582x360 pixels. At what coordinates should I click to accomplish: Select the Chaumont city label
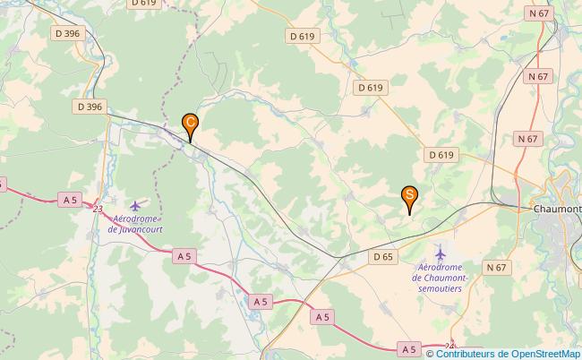(x=557, y=209)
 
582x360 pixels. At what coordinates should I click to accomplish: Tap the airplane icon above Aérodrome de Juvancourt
(x=135, y=207)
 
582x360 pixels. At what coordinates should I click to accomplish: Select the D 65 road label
(x=382, y=257)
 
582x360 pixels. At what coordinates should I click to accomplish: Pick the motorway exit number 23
(x=96, y=209)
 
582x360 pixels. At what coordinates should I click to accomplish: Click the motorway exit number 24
(x=449, y=345)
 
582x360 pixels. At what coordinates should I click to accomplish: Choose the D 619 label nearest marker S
(x=441, y=155)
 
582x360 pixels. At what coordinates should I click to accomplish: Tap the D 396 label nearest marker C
(x=90, y=107)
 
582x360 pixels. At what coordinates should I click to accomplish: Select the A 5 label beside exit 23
(x=70, y=199)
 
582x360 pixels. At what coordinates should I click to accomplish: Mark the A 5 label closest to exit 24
(x=409, y=348)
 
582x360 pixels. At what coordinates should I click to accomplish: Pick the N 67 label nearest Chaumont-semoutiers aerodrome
(x=497, y=268)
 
